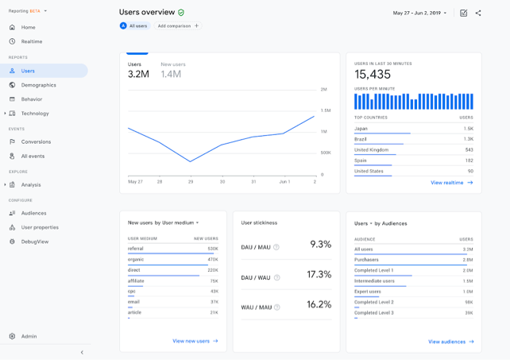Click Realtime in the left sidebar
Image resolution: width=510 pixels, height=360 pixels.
(32, 41)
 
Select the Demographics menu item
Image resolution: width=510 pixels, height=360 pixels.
(38, 85)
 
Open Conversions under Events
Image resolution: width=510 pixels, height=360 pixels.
(36, 141)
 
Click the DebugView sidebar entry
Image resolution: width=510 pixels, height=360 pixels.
(34, 242)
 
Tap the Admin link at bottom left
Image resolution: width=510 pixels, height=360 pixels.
(29, 336)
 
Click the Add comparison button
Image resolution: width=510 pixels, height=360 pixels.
(177, 26)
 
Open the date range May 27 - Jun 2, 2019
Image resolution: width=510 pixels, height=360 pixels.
(419, 13)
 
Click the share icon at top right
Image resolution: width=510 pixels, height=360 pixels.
(478, 13)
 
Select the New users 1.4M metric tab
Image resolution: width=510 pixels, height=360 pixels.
(172, 71)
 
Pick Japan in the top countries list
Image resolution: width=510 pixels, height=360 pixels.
(361, 129)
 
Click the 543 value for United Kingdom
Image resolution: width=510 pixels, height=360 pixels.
(469, 149)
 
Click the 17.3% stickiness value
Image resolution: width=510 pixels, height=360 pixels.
(319, 274)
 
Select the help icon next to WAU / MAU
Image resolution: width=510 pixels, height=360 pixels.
(276, 308)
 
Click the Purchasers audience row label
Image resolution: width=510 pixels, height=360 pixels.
(366, 260)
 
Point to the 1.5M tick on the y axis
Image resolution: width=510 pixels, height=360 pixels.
(325, 110)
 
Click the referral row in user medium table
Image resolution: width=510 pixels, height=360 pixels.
(136, 249)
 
